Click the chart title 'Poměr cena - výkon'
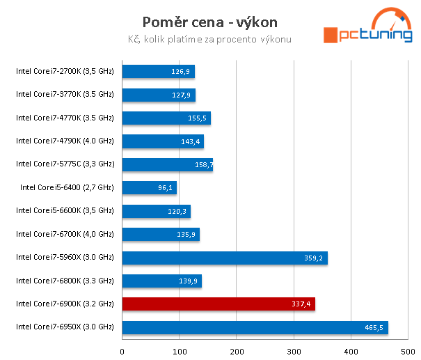209,22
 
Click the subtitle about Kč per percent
209,39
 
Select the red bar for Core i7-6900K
219,304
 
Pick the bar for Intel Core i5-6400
149,187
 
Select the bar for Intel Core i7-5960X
224,258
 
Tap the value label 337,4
301,304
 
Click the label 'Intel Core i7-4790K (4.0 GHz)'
65,141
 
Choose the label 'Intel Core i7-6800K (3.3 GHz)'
65,281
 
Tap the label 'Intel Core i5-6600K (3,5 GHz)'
65,210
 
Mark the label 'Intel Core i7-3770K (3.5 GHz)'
65,94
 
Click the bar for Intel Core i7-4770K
166,118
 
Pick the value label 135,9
186,235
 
